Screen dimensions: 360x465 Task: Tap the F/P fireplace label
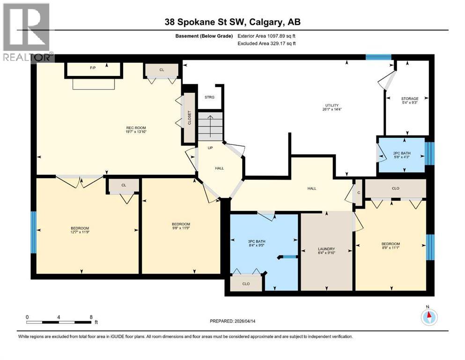tap(93, 68)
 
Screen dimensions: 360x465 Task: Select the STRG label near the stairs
tap(209, 97)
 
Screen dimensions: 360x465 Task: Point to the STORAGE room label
tap(410, 99)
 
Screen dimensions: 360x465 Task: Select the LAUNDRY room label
tap(325, 249)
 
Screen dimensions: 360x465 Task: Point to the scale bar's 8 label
tap(90, 317)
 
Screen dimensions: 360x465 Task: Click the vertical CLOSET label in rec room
tap(190, 119)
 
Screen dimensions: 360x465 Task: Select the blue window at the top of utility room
tap(378, 57)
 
